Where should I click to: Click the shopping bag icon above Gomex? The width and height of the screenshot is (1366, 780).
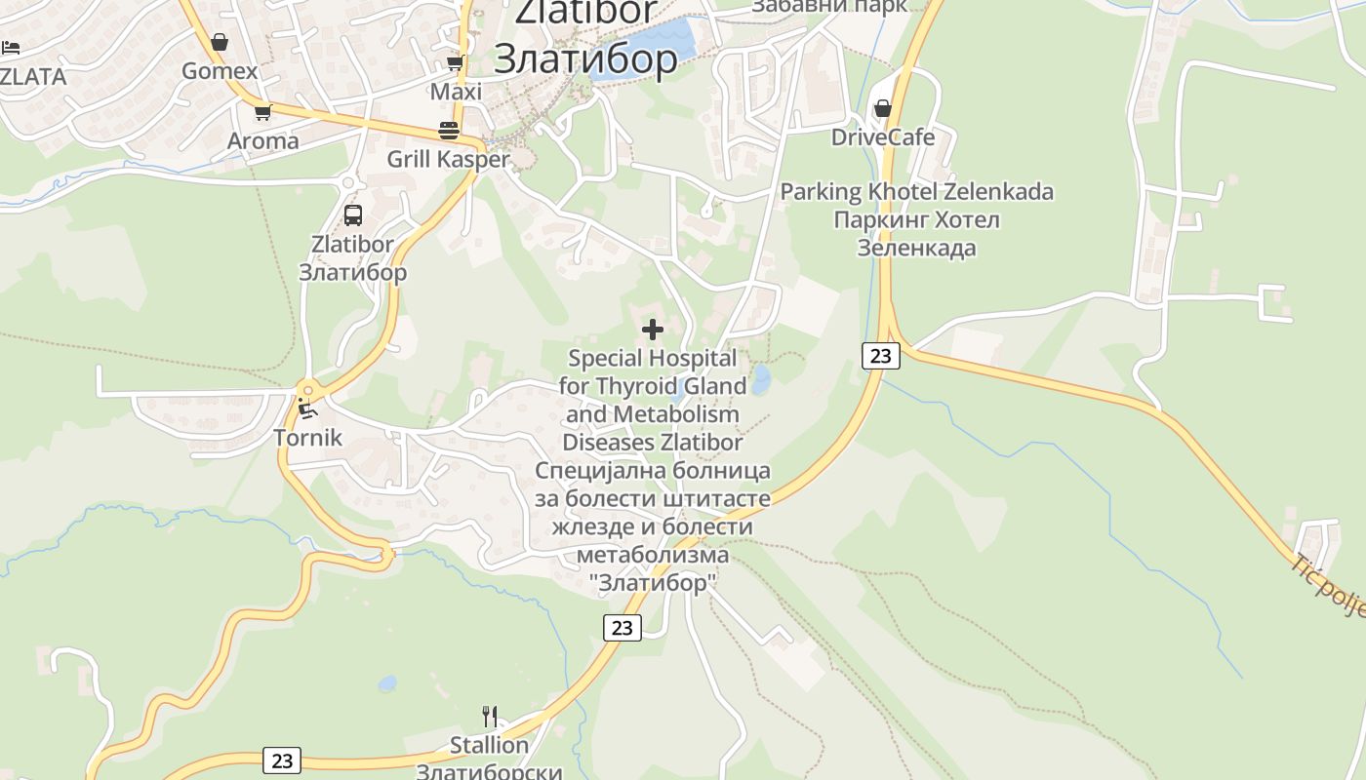(x=220, y=42)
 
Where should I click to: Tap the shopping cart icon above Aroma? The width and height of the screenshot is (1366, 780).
(x=261, y=113)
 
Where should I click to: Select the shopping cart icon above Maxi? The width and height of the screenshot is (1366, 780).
(x=455, y=63)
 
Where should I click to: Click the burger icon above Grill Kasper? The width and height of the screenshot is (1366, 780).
(x=449, y=131)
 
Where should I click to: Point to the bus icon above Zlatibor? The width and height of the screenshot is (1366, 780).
(x=353, y=215)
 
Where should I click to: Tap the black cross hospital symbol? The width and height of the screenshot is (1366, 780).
(x=653, y=330)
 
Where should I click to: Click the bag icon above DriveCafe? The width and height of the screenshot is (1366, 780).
(x=883, y=108)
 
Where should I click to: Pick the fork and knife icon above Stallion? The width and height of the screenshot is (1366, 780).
(x=490, y=717)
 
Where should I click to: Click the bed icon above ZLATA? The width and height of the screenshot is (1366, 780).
(x=11, y=47)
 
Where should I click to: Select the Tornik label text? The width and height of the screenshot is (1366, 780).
(x=308, y=438)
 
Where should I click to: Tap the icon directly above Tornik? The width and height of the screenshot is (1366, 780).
(x=308, y=408)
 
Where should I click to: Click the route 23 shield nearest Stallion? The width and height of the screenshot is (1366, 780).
(x=282, y=760)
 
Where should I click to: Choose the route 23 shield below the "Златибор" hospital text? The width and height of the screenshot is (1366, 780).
(x=623, y=627)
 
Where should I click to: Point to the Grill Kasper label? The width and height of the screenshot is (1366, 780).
(x=449, y=159)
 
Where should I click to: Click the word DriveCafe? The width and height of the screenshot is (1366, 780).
(x=883, y=137)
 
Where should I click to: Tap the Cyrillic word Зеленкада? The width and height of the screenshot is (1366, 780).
(x=916, y=249)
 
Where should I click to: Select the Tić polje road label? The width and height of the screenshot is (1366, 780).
(x=1328, y=585)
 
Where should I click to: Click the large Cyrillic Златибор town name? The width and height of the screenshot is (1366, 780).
(x=585, y=59)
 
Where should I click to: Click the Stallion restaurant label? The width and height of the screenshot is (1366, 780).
(x=489, y=746)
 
